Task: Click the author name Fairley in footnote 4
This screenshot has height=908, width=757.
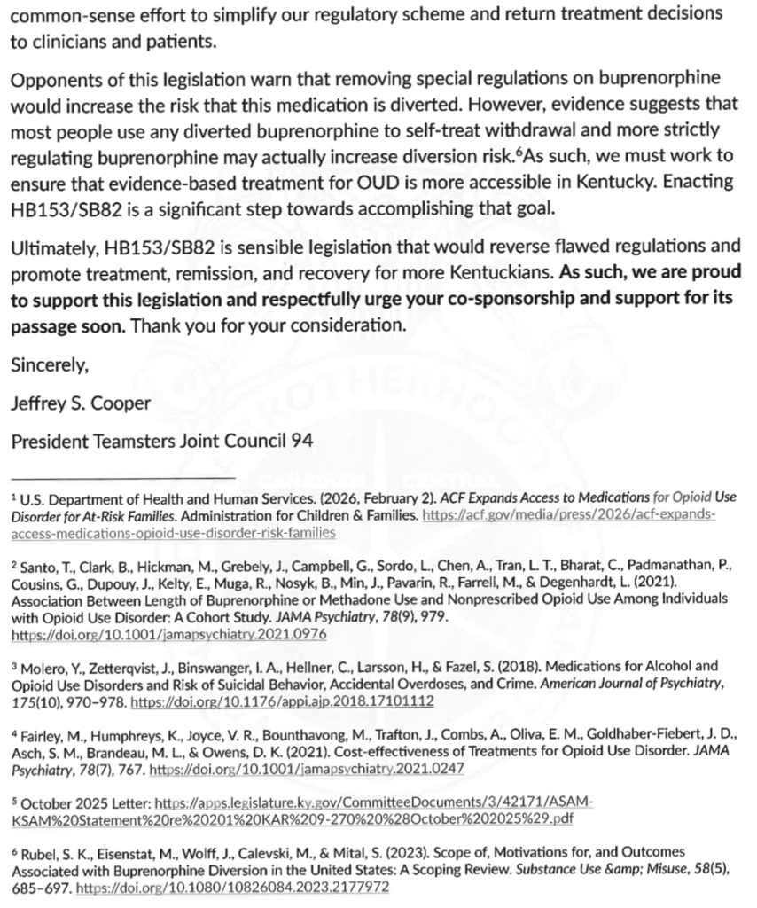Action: click(x=38, y=735)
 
